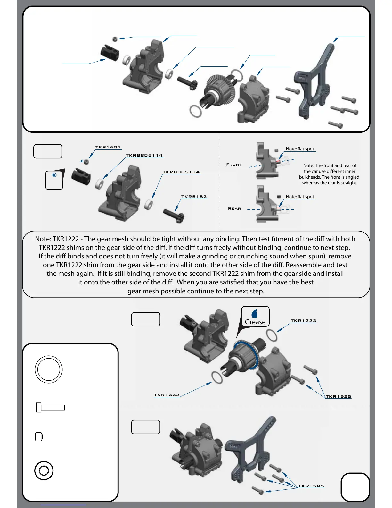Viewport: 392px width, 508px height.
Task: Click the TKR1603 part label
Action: pyautogui.click(x=108, y=147)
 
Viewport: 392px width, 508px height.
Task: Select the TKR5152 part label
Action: pyautogui.click(x=194, y=197)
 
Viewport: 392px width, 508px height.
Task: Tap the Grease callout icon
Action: pyautogui.click(x=255, y=317)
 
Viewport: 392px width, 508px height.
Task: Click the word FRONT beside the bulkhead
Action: pyautogui.click(x=234, y=165)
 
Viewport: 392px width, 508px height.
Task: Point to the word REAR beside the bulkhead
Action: pyautogui.click(x=234, y=208)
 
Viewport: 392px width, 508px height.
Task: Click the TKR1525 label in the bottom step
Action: pyautogui.click(x=311, y=486)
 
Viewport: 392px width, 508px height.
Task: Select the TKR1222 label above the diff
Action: pyautogui.click(x=303, y=321)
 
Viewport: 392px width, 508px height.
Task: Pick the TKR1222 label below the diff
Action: pyautogui.click(x=167, y=395)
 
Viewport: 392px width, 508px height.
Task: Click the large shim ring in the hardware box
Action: pyautogui.click(x=48, y=369)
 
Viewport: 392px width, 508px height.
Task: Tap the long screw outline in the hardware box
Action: pyautogui.click(x=50, y=408)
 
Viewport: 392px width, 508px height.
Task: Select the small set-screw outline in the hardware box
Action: pyautogui.click(x=39, y=437)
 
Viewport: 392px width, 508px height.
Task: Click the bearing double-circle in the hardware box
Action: pyautogui.click(x=44, y=470)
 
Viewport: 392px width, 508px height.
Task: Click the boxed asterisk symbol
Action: pyautogui.click(x=54, y=180)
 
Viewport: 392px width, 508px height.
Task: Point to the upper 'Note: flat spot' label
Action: pyautogui.click(x=300, y=149)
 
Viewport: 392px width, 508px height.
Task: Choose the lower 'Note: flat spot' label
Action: pyautogui.click(x=300, y=197)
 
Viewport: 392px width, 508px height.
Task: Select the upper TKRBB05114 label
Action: pyautogui.click(x=144, y=155)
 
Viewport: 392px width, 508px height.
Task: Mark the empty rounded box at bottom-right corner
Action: pyautogui.click(x=355, y=487)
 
